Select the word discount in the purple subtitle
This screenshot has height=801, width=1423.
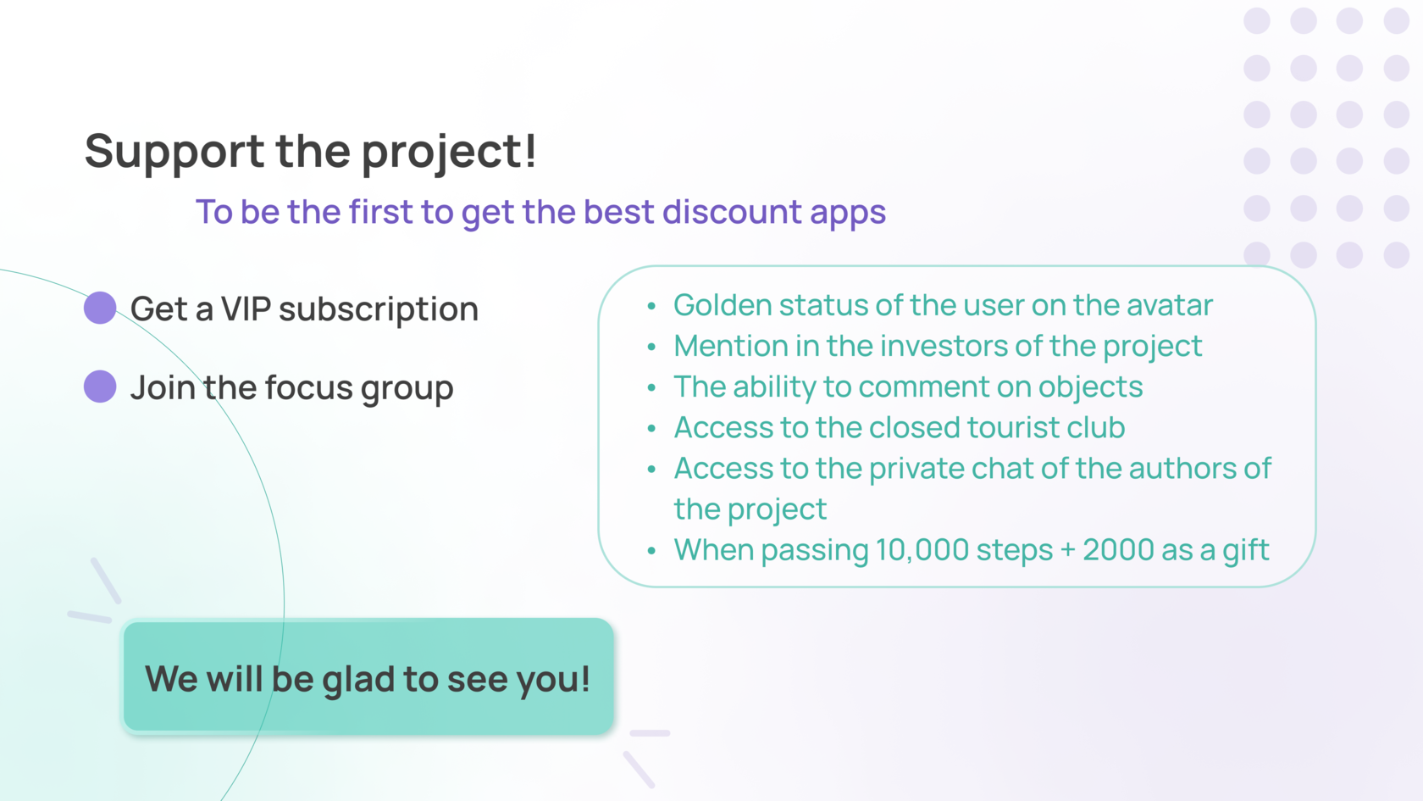tap(731, 211)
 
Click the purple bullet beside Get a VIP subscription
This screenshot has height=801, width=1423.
tap(100, 308)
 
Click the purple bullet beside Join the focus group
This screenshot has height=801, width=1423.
tap(100, 387)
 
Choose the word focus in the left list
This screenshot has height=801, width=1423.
tap(308, 387)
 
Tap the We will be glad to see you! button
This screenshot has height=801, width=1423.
tap(368, 676)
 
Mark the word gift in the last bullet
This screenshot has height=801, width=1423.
tap(1246, 551)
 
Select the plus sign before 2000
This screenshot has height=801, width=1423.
tap(1068, 551)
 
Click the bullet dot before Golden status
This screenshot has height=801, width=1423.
tap(651, 307)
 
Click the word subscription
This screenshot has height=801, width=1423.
tap(379, 309)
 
